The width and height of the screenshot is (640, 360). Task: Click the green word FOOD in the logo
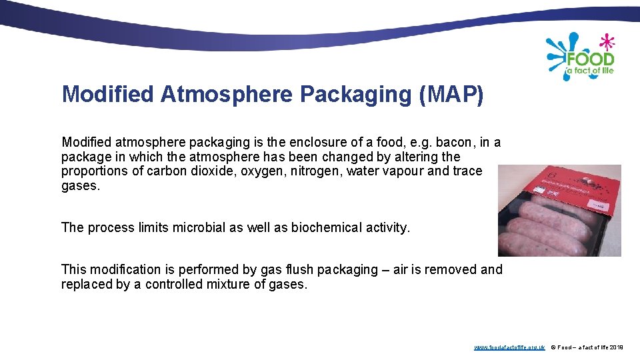coord(590,58)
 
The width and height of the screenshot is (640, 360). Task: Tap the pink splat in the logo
coord(607,42)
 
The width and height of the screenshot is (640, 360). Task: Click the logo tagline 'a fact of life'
coord(589,70)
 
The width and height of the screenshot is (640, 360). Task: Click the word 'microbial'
coord(199,227)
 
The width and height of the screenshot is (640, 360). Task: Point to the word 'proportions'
coord(93,171)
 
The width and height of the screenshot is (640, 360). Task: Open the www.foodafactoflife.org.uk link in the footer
coord(509,347)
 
